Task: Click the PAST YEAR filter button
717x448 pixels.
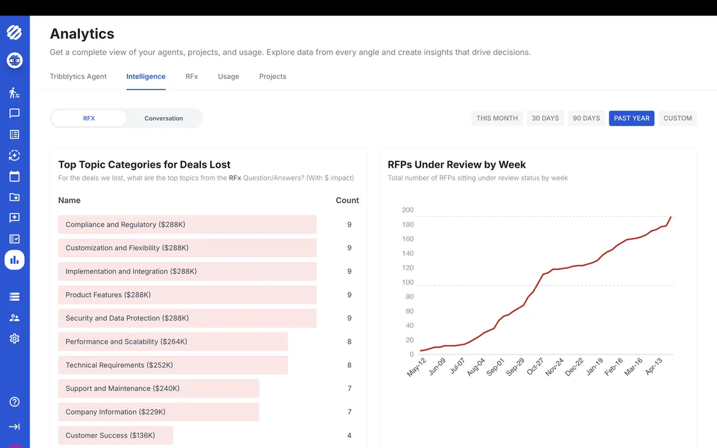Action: pos(631,118)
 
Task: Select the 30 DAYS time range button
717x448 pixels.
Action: pos(545,118)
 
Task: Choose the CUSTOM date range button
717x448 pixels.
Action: pos(678,118)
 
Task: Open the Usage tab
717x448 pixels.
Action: pos(228,76)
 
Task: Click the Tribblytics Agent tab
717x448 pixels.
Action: pos(78,76)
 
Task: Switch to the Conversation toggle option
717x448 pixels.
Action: pos(164,118)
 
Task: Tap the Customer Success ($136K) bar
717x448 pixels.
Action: pos(116,435)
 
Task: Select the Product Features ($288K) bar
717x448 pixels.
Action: pos(188,295)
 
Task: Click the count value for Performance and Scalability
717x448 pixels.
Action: pos(350,342)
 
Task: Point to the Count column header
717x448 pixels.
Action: pos(347,200)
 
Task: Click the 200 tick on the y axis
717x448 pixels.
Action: pos(407,210)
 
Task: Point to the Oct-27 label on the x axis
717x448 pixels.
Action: pos(535,367)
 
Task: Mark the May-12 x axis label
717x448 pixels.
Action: pos(417,367)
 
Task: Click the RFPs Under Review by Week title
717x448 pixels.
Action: pos(457,164)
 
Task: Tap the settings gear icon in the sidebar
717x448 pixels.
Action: pos(15,339)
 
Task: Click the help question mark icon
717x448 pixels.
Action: pos(15,402)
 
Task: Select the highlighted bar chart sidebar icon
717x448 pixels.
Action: pos(15,260)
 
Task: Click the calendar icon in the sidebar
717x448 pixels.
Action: pos(15,176)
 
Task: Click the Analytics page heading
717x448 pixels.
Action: pos(82,34)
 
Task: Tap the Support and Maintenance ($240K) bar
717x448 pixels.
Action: pos(159,388)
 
